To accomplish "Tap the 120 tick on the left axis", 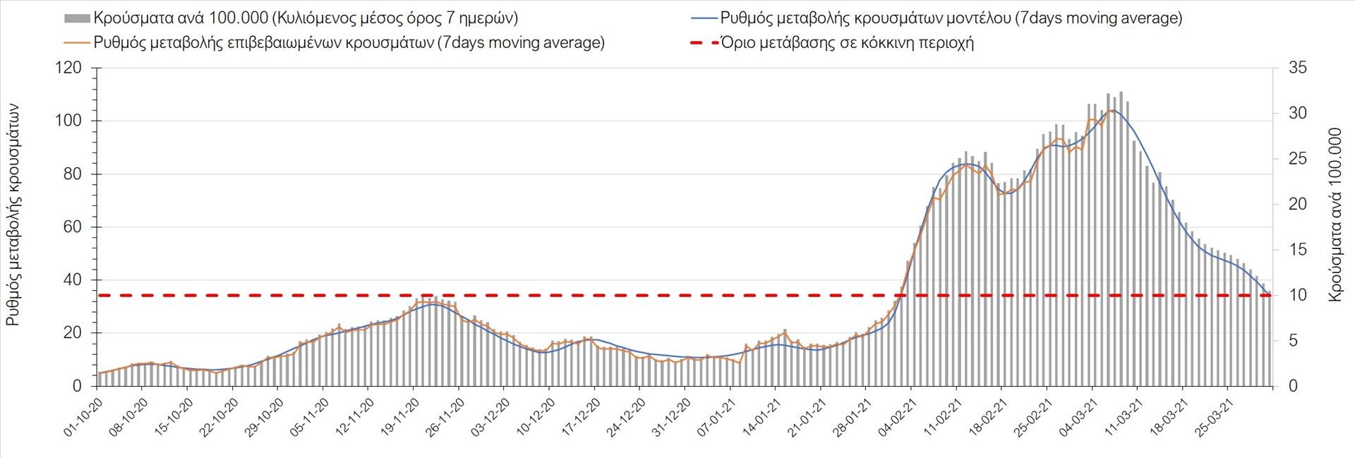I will coord(68,68).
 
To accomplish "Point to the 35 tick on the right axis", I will coord(1298,68).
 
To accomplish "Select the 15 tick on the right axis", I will coord(1298,250).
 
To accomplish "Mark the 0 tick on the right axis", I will coord(1293,386).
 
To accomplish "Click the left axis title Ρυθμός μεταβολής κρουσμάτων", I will coord(13,215).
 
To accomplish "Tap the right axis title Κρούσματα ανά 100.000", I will coord(1335,215).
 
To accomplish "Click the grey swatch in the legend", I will coord(77,18).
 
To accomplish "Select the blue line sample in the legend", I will coord(704,18).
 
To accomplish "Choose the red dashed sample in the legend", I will coord(704,43).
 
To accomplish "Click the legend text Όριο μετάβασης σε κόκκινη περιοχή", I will coord(847,43).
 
